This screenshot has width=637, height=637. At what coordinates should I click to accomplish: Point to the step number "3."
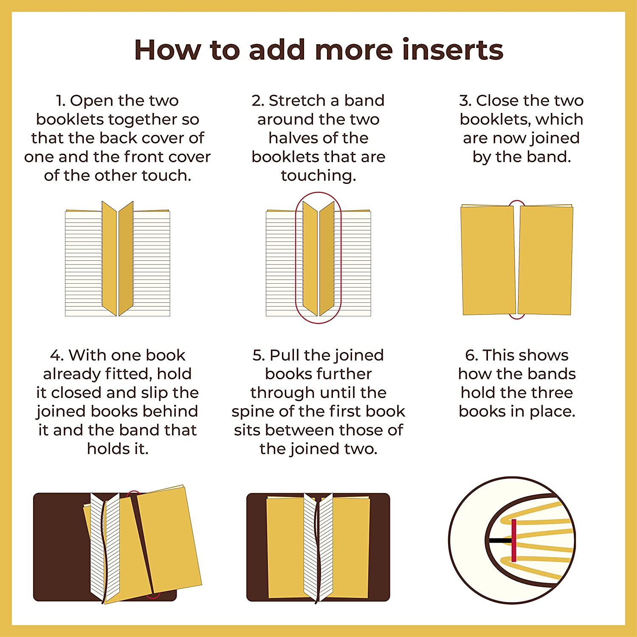(465, 101)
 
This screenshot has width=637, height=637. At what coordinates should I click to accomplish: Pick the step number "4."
(57, 355)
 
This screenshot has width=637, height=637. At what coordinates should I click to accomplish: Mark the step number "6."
(472, 355)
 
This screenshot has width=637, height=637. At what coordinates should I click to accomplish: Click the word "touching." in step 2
(318, 176)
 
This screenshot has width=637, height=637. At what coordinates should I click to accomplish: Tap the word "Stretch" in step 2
(297, 101)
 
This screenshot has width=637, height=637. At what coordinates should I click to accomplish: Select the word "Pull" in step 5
(285, 355)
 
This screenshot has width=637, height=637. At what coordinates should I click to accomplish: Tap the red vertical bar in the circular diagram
(514, 540)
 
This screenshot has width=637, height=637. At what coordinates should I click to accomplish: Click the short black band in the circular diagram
(500, 541)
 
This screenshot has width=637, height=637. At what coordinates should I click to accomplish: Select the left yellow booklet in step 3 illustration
(488, 260)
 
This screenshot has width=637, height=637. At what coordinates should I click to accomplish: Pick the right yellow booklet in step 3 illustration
(545, 260)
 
